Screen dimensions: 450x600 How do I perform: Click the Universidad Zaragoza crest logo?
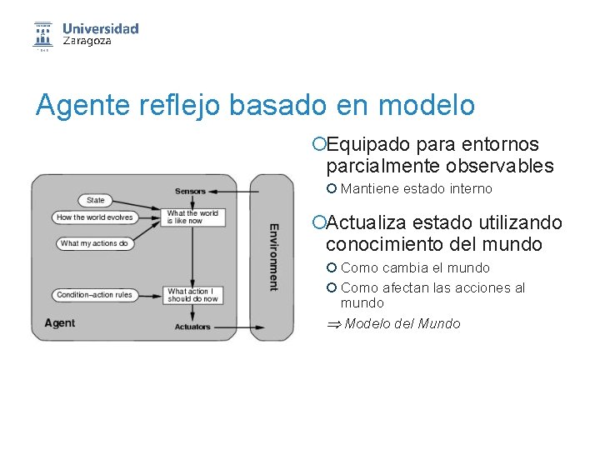[42, 35]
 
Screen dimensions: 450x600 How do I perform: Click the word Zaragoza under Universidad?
[87, 41]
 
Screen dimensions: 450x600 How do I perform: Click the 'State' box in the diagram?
[96, 200]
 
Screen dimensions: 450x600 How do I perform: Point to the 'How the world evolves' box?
[95, 217]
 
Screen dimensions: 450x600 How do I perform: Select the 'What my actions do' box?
[95, 243]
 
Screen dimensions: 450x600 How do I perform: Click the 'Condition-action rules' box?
[95, 295]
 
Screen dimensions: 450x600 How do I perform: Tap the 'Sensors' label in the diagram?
[190, 191]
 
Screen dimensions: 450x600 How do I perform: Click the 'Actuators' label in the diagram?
[192, 327]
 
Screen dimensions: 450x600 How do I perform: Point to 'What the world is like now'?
[192, 217]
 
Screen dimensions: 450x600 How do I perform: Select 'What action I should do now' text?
[192, 295]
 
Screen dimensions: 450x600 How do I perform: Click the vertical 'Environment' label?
[273, 257]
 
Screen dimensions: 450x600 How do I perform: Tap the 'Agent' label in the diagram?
[59, 323]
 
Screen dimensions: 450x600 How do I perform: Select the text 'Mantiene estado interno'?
[416, 189]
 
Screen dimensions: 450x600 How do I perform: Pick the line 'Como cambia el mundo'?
[415, 268]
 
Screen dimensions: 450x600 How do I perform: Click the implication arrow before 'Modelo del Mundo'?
[332, 324]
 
